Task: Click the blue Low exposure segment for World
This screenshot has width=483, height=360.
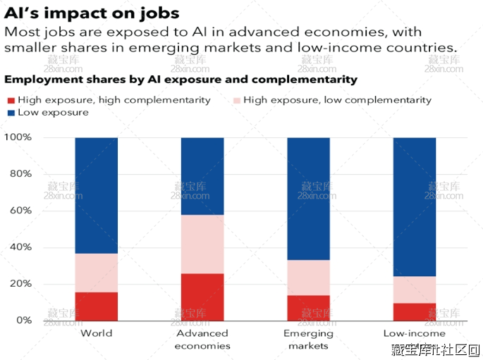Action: [x=97, y=195]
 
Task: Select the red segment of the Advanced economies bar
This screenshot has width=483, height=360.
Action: [x=202, y=297]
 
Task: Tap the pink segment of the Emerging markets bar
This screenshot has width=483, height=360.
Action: [x=308, y=278]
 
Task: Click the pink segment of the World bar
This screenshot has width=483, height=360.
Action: [x=97, y=273]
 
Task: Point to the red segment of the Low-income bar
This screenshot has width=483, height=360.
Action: [x=415, y=311]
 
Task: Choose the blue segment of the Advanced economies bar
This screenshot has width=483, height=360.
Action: [x=202, y=175]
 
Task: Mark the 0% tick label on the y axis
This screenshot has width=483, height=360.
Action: [x=24, y=321]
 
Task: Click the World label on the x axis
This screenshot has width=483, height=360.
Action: [x=97, y=333]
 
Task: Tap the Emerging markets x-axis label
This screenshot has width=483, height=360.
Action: [x=308, y=340]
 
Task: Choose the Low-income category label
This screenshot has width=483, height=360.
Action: [x=415, y=333]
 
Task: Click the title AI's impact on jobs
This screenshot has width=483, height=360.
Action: [x=92, y=13]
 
